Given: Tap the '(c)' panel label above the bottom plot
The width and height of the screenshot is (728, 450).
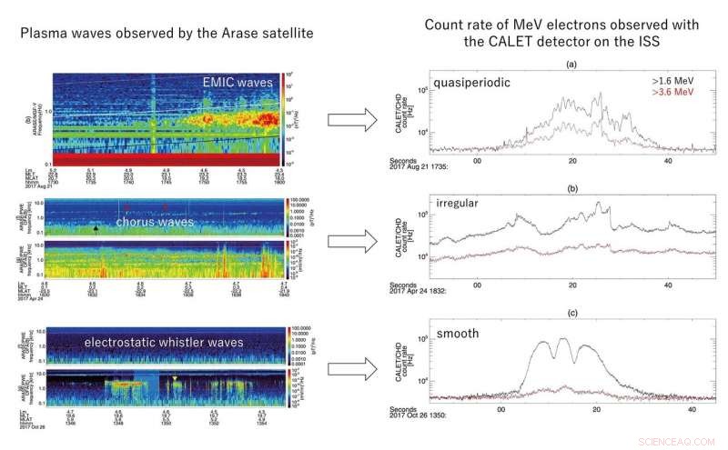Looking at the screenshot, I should point(571,314).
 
